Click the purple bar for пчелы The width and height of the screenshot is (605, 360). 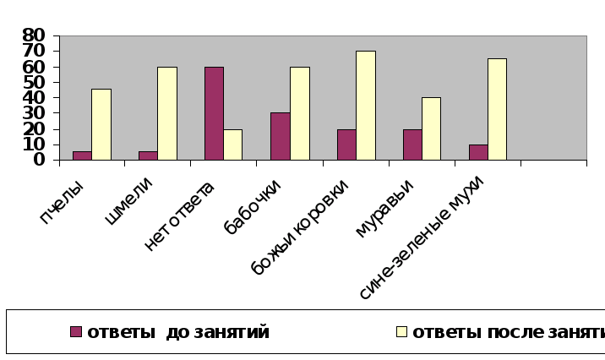(x=82, y=155)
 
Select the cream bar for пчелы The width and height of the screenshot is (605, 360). (x=101, y=124)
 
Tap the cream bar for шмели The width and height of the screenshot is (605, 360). (x=167, y=113)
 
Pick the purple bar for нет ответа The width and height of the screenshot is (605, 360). (x=214, y=113)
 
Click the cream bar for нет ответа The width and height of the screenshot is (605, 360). (x=232, y=145)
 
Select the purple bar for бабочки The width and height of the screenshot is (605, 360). (x=280, y=136)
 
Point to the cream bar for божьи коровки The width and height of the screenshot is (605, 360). (x=365, y=106)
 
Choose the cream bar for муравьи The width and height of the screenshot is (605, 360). (x=431, y=128)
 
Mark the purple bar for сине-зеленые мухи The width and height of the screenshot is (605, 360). (x=478, y=152)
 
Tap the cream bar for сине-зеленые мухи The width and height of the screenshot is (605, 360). (x=497, y=109)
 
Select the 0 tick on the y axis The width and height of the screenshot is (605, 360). (x=39, y=160)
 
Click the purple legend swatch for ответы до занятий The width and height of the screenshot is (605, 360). (x=76, y=332)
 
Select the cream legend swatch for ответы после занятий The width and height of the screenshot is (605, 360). (x=402, y=332)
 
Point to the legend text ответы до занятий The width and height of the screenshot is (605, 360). (x=177, y=332)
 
